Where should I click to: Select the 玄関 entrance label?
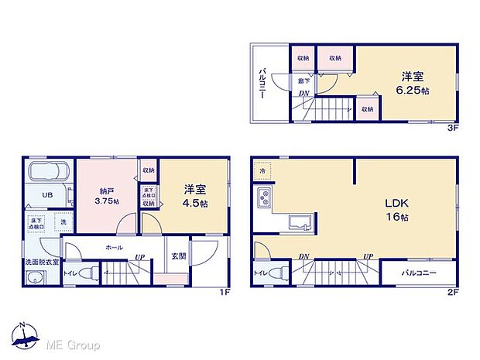177,255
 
